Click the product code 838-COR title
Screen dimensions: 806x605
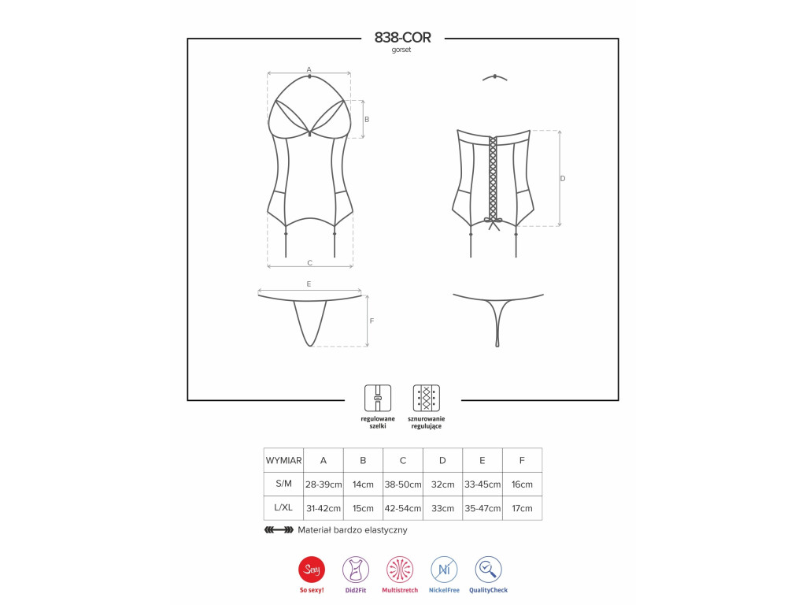click(402, 38)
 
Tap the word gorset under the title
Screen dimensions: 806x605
click(401, 50)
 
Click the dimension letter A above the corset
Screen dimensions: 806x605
click(309, 69)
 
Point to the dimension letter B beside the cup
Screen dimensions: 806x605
click(367, 120)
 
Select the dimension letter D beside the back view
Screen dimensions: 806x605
click(562, 179)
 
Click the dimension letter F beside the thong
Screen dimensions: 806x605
click(372, 321)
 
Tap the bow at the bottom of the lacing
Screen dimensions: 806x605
click(493, 223)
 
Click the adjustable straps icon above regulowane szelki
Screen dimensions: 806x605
click(378, 398)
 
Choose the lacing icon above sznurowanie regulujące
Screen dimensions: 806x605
click(426, 398)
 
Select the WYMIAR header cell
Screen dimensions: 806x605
click(283, 460)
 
